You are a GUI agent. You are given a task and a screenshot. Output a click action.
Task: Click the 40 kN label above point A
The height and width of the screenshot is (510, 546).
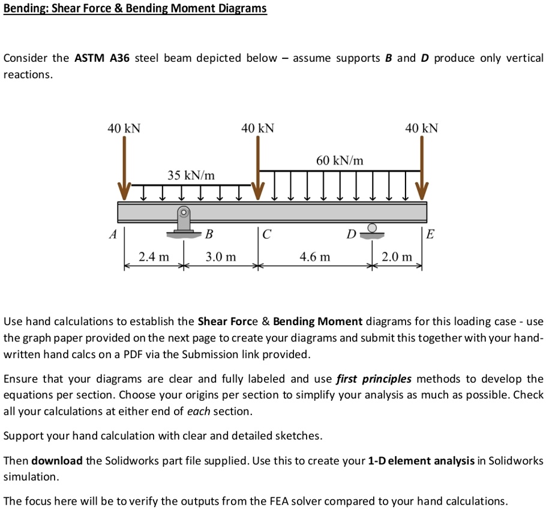[x=124, y=128]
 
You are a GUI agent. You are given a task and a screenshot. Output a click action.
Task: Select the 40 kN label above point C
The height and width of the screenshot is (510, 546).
[x=258, y=128]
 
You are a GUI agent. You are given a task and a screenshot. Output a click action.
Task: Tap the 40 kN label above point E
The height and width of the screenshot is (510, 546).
[x=422, y=128]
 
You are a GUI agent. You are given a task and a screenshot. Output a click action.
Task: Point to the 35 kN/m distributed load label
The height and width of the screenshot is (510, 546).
[x=191, y=175]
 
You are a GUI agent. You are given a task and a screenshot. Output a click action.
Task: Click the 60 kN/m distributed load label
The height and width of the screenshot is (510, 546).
[x=340, y=160]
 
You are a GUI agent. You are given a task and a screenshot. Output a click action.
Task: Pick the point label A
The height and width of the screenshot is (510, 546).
[x=112, y=235]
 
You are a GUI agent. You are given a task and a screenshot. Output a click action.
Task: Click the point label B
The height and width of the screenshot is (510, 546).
[x=209, y=233]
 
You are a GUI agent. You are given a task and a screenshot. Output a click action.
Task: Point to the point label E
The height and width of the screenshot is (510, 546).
[x=429, y=235]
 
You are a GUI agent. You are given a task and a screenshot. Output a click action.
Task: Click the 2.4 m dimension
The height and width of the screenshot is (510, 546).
[x=154, y=257]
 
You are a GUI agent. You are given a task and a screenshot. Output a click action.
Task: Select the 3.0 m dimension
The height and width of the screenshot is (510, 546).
[x=221, y=257]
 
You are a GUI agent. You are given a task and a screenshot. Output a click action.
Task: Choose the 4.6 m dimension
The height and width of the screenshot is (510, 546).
[x=315, y=257]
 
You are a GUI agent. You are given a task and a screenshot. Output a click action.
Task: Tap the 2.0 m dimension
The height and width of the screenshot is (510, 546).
[x=397, y=257]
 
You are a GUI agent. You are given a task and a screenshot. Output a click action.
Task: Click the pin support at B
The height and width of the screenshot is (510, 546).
[x=183, y=222]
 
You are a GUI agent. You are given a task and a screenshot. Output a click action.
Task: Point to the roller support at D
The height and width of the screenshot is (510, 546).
[x=372, y=230]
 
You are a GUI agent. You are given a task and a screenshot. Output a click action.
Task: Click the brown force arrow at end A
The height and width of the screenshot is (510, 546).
[x=124, y=168]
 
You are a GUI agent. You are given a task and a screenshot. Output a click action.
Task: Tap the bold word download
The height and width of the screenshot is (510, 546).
[x=57, y=461]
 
